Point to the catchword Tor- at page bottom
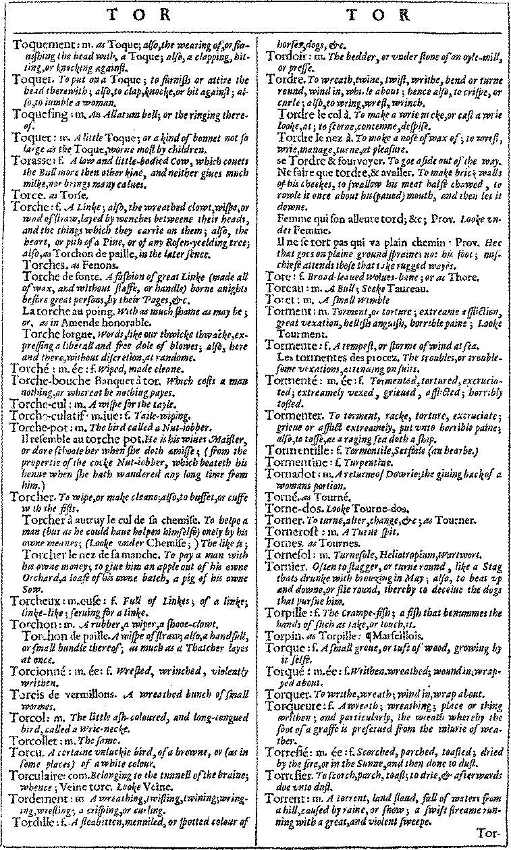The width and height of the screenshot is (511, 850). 489,834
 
